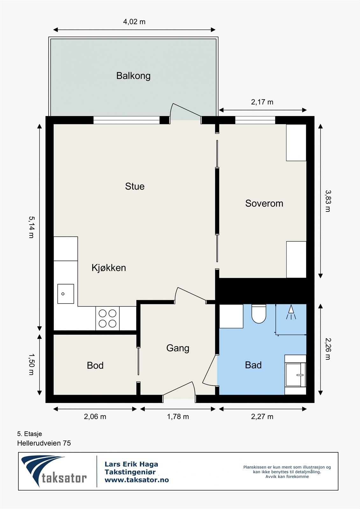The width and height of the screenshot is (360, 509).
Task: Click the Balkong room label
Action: pos(133,76)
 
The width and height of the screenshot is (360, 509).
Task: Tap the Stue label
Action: pos(135,186)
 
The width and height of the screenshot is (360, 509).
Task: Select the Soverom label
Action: pos(264,203)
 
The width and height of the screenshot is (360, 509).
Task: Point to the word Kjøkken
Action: pos(109,268)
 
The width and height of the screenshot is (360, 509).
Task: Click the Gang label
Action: pos(178,348)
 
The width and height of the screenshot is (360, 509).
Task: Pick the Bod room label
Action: pos(95,366)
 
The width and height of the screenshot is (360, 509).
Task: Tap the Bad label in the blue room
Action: pos(253,365)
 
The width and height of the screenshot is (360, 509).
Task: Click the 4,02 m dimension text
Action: pos(134,22)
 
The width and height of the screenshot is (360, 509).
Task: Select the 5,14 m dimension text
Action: pos(31,227)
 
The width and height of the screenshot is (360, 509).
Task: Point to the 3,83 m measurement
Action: pos(328,201)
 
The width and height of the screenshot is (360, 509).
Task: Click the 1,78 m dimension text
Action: pos(178,417)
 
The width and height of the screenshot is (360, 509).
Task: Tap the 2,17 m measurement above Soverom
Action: pos(262,102)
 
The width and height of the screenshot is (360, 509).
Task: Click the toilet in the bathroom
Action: pos(259,314)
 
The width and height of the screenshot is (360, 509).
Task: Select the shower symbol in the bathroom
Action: pos(291,312)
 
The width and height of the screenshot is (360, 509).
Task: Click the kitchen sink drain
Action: pos(63,294)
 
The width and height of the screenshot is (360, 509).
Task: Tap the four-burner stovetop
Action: pos(107,318)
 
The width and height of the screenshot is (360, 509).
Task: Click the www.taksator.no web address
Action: pos(137,480)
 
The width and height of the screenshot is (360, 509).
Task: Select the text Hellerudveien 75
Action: pos(44,443)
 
